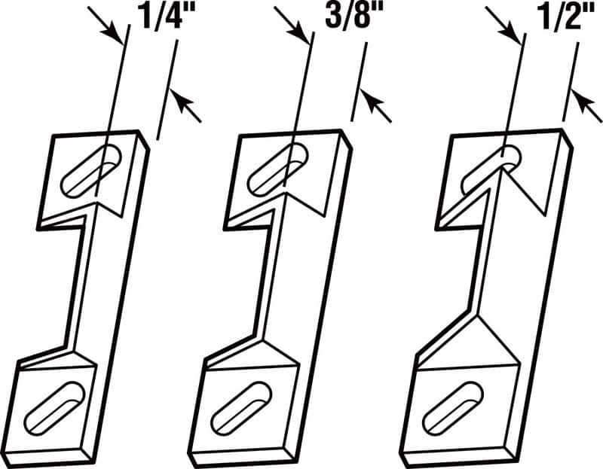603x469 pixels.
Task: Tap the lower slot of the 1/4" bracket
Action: pyautogui.click(x=57, y=407)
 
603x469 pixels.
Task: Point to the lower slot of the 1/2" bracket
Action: pyautogui.click(x=451, y=407)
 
